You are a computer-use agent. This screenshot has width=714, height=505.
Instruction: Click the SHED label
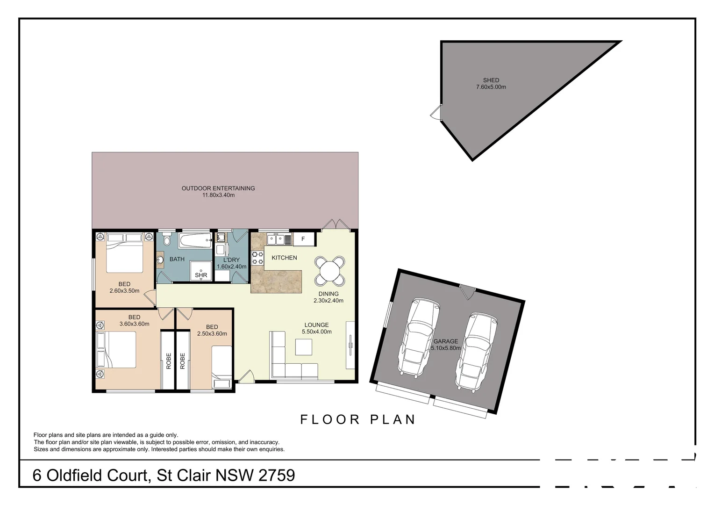(x=491, y=80)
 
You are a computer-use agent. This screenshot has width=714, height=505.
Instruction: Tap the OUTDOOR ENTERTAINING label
(x=218, y=188)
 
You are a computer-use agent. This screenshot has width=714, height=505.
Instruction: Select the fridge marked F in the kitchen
(x=303, y=239)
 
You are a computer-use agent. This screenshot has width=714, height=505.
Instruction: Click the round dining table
(x=330, y=271)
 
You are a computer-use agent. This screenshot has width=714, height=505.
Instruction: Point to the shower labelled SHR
(x=201, y=271)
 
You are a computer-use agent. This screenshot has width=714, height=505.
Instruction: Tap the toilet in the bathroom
(x=167, y=241)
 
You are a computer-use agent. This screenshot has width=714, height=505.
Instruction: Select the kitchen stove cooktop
(x=257, y=258)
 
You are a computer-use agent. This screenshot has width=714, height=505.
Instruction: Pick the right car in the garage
(x=476, y=351)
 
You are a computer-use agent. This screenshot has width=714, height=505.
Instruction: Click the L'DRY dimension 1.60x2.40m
(x=231, y=267)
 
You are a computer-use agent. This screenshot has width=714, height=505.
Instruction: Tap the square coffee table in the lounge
(x=304, y=347)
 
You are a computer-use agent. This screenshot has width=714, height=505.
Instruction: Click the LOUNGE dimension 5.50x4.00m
(x=316, y=332)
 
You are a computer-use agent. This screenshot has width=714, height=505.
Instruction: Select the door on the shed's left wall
(x=436, y=112)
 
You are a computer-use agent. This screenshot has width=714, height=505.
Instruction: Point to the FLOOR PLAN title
(x=358, y=419)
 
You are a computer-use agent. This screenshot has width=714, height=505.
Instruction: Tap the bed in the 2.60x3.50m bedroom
(x=124, y=252)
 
